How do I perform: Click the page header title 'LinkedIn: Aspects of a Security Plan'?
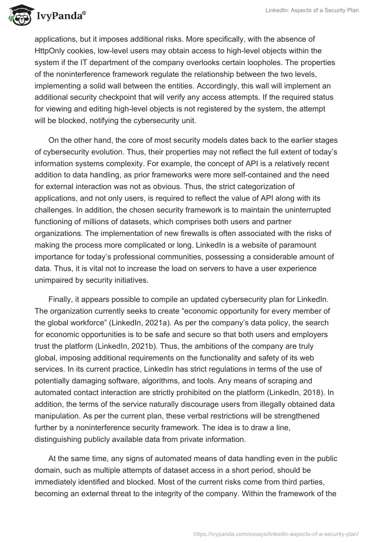tap(311, 10)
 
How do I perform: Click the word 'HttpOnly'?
tap(50, 50)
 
